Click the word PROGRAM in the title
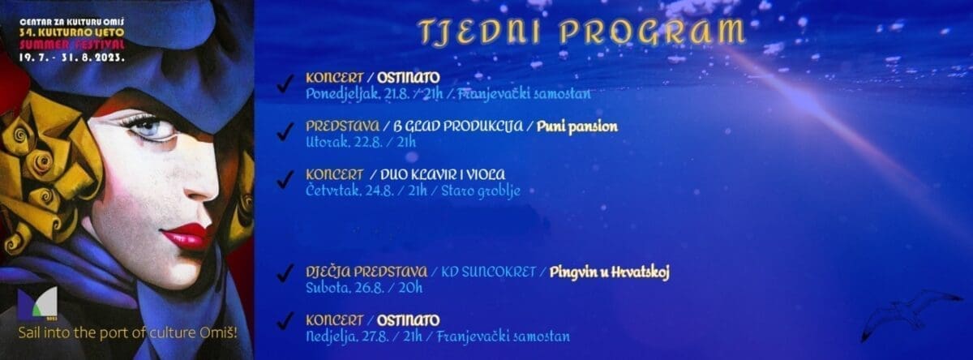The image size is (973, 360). [652, 32]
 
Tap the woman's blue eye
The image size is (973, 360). [149, 127]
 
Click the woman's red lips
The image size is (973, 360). [186, 237]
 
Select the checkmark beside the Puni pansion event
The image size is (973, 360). [285, 131]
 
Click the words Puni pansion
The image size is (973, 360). [577, 126]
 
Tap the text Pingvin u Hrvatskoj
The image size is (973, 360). [609, 272]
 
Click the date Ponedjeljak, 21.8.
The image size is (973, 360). [358, 94]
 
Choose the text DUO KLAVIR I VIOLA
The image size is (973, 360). [443, 174]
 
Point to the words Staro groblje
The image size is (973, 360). [480, 191]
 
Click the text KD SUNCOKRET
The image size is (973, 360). [488, 272]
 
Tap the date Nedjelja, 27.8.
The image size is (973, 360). [347, 336]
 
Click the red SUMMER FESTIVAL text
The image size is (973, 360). [72, 45]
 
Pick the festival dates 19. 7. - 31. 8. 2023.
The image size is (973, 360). [72, 58]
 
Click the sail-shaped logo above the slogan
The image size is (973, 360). [38, 302]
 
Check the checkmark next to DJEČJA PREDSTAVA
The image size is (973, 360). [285, 273]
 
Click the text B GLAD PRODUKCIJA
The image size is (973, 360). [458, 126]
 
